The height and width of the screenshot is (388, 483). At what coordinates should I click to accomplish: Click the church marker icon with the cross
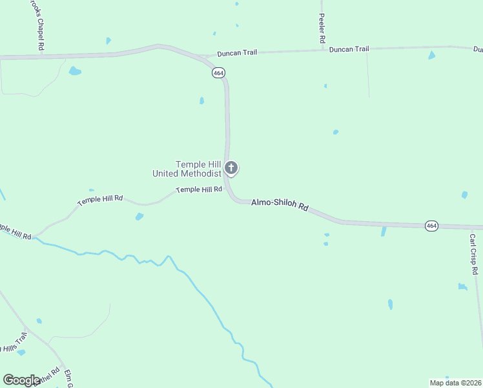[231, 168]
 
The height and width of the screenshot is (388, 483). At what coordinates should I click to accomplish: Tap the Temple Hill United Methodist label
[187, 169]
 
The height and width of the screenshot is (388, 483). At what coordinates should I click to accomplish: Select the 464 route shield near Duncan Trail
[218, 74]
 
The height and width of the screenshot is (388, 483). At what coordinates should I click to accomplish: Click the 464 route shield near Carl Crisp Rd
[432, 226]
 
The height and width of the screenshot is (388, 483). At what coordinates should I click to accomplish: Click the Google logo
[21, 380]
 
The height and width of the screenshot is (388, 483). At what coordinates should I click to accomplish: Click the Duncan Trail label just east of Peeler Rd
[349, 49]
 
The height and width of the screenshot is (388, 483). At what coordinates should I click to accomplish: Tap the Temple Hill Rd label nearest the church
[199, 189]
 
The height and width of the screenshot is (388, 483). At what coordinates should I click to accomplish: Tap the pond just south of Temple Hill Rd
[139, 217]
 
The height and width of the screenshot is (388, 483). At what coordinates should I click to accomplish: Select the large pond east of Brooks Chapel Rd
[75, 70]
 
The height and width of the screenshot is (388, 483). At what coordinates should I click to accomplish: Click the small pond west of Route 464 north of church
[201, 100]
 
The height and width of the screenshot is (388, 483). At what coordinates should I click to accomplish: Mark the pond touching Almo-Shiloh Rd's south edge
[384, 231]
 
